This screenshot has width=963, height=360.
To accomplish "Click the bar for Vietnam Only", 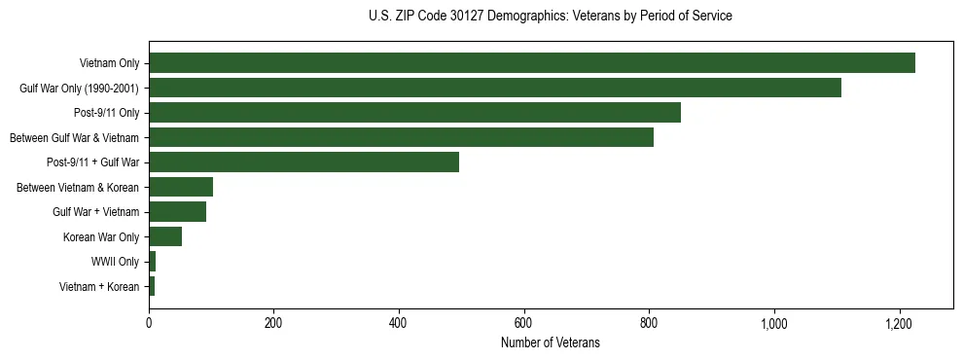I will tap(531, 63).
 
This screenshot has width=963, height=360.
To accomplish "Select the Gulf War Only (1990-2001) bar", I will tap(494, 88).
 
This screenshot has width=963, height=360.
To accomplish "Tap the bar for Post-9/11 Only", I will tap(414, 113).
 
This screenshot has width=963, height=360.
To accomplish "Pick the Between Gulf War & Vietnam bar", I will tap(401, 137).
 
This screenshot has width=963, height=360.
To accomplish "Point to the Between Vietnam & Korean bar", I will tap(181, 187).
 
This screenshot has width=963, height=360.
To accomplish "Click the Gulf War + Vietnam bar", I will tap(177, 211).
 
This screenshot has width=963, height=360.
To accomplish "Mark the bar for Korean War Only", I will tap(165, 236).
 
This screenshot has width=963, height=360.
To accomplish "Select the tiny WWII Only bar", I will tap(153, 261).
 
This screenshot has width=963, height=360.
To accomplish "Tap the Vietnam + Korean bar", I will tap(152, 286).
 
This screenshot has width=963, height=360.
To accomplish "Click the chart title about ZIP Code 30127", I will tap(551, 17).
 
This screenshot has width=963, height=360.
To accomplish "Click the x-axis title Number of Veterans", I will tap(551, 343).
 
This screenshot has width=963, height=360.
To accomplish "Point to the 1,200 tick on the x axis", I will tap(899, 323).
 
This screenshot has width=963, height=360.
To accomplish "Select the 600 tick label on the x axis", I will tap(524, 323).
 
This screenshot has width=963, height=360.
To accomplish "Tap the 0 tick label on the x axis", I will tap(149, 323).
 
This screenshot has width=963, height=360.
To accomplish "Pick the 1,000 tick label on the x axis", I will tap(774, 323).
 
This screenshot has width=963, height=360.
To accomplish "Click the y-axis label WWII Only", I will tap(115, 262).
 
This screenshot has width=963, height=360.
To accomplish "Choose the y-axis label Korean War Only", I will tap(102, 236).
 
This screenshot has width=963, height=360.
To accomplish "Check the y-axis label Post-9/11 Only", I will tap(101, 113).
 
